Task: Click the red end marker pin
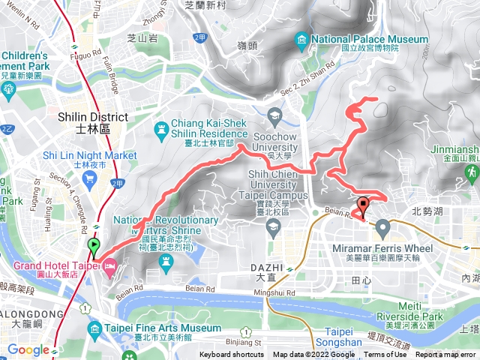364,205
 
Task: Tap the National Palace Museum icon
301,40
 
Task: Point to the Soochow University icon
274,115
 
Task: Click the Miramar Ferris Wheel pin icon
383,226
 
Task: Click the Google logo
28,349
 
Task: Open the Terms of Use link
385,355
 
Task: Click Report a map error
446,355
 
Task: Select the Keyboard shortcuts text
232,355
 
